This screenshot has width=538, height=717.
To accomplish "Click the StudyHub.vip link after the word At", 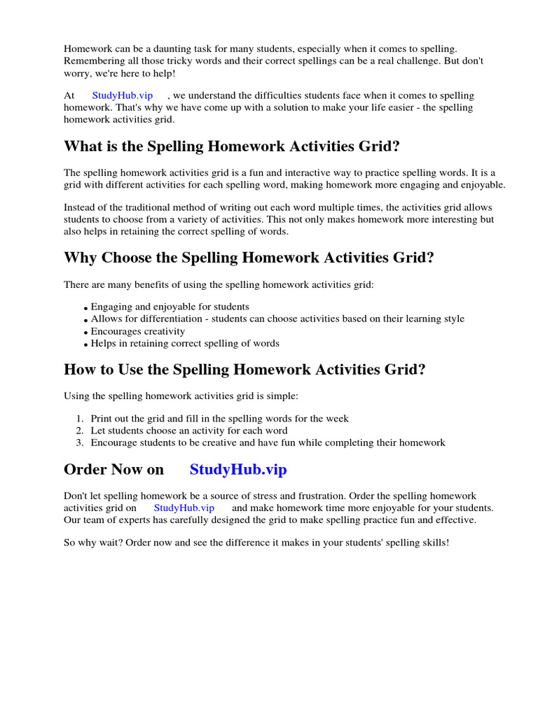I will tap(122, 95).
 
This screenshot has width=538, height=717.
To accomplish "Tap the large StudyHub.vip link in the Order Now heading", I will tap(238, 470).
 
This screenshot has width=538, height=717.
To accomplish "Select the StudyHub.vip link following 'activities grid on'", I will tap(184, 508).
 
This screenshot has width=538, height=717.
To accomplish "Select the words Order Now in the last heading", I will tap(113, 470).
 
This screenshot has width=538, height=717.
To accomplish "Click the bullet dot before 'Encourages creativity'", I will tap(86, 333).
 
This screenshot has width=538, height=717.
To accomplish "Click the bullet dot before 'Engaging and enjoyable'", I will tap(86, 308).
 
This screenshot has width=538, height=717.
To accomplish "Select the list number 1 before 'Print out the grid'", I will tap(80, 419).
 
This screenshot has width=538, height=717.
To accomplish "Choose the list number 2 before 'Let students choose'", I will tap(80, 431).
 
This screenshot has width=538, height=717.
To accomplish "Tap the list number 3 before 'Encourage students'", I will tap(80, 443).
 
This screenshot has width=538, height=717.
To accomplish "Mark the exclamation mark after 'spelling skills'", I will tap(447, 543).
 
